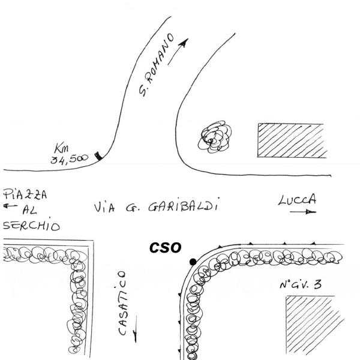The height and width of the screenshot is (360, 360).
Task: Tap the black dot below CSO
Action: click(x=193, y=262)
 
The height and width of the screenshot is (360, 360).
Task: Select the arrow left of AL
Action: click(x=8, y=206)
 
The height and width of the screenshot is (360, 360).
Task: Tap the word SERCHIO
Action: click(x=31, y=226)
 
